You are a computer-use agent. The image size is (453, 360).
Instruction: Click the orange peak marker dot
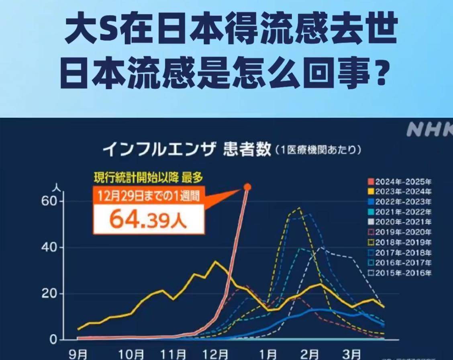click(x=247, y=187)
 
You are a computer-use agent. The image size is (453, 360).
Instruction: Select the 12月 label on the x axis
click(x=216, y=354)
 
